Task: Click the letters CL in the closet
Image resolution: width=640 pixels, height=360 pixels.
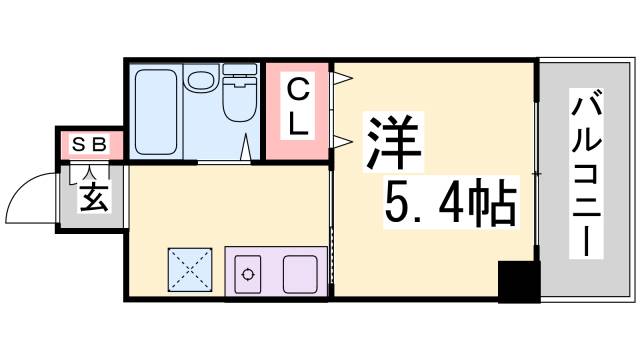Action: pos(298,109)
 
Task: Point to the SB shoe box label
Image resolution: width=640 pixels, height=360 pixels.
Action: pos(89,145)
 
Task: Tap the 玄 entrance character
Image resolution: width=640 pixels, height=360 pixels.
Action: pos(92,195)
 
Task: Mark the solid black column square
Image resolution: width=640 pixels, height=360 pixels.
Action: pos(518,282)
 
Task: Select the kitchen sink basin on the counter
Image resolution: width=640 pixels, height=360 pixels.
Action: pos(299,271)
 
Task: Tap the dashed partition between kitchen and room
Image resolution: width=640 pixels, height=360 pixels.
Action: pos(331,230)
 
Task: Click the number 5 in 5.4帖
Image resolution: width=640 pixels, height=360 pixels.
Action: pos(397,208)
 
